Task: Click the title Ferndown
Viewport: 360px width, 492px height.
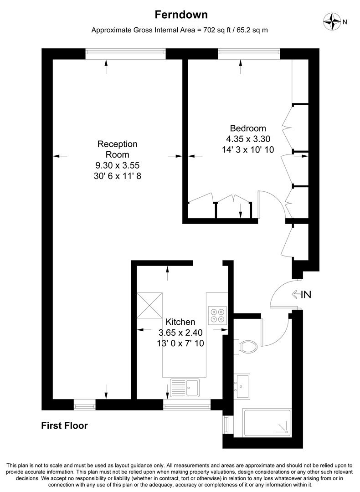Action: (181, 15)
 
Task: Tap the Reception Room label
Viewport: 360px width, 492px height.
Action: (117, 149)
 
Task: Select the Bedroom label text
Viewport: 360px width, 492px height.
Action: (247, 128)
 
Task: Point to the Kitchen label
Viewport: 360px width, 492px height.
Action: (180, 322)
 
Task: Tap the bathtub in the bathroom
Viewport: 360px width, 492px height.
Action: (267, 422)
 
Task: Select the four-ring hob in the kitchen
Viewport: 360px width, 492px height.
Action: (217, 315)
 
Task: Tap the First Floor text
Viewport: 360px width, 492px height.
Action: (64, 426)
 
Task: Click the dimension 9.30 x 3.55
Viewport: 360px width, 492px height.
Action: (117, 165)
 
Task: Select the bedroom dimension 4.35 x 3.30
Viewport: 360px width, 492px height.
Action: (247, 139)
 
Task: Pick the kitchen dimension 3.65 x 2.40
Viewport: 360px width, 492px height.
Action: (180, 332)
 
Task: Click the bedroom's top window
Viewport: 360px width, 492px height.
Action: (249, 53)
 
